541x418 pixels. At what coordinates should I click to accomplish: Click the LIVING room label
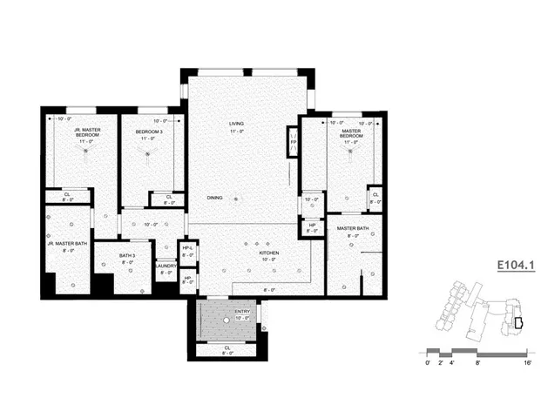(236, 124)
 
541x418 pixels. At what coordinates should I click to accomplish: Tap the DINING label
(214, 198)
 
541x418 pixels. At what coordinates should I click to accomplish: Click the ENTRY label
(242, 311)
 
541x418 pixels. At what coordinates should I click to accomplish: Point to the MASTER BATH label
(353, 228)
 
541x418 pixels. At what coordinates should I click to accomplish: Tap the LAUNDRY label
(167, 266)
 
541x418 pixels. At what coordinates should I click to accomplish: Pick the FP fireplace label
(293, 142)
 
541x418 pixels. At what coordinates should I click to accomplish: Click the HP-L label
(187, 249)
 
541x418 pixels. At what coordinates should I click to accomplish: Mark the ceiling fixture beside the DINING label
(235, 199)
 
